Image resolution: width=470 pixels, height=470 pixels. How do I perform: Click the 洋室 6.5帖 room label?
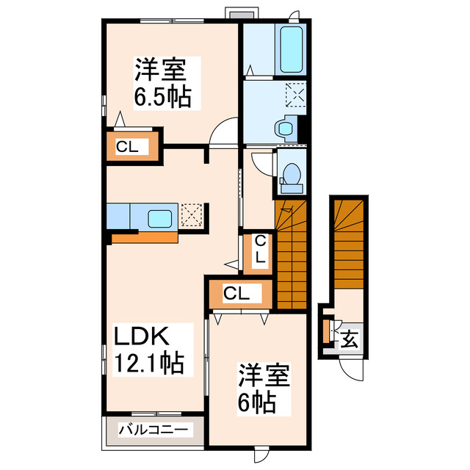[162, 84]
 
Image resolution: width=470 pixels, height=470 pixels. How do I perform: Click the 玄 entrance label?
[350, 340]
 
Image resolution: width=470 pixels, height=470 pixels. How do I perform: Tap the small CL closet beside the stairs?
[260, 251]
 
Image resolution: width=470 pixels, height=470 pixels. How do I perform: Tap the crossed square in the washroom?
[297, 95]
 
